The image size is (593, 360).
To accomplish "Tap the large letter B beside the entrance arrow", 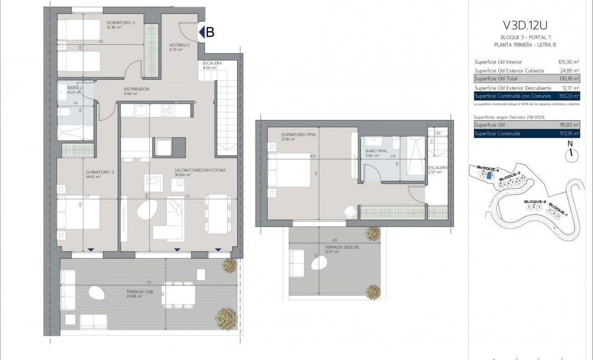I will [x=210, y=33].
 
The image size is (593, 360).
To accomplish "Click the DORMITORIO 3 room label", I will [x=121, y=23].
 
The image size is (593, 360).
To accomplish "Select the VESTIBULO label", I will [x=180, y=45].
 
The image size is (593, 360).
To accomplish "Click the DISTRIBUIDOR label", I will [x=136, y=89].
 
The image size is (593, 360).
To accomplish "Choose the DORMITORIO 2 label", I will [x=100, y=172].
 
